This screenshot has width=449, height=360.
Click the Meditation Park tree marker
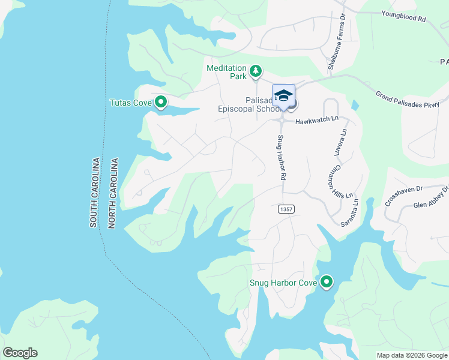coord(256,72)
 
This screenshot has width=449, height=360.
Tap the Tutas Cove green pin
coord(160,103)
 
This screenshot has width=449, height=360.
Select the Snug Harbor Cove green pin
coord(327,282)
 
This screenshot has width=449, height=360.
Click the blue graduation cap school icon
coord(283,95)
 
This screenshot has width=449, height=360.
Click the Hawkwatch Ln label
coord(317,121)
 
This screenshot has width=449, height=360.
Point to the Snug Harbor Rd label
coord(280,158)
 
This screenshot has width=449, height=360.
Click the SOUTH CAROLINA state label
coord(94,193)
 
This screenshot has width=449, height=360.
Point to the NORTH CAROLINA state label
coord(113,193)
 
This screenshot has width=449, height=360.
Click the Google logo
coord(20,353)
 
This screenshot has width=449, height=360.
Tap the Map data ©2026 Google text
coord(412,355)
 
